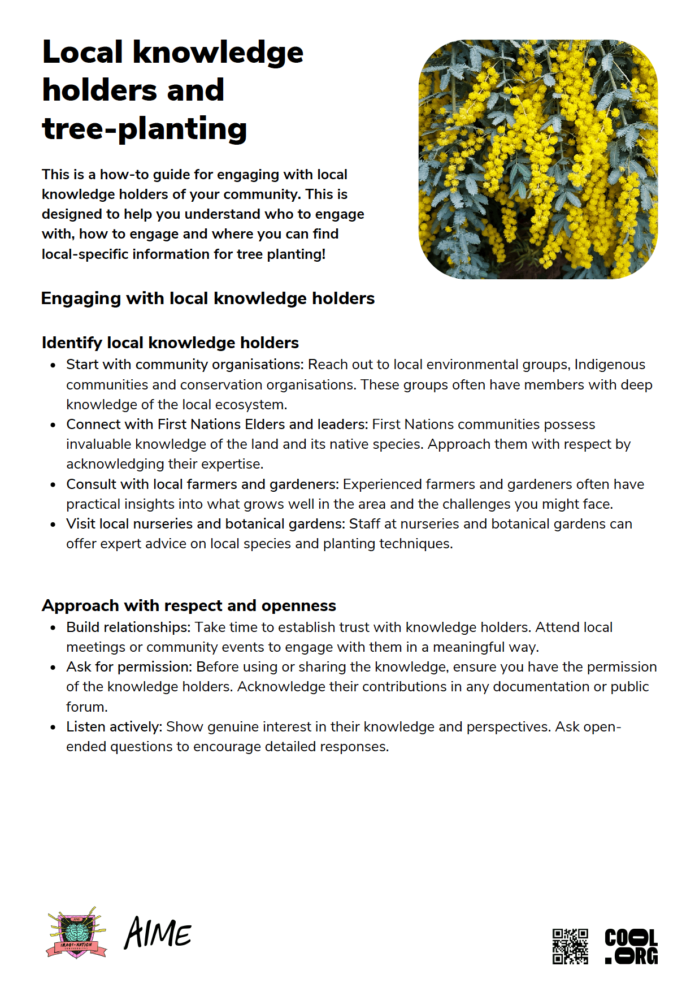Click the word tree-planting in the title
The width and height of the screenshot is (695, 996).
tap(145, 129)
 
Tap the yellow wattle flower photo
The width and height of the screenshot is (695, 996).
tap(538, 159)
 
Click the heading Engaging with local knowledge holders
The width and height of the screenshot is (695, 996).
tap(207, 298)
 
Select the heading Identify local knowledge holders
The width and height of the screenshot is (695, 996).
tap(170, 343)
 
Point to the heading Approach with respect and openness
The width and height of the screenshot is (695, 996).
tap(189, 605)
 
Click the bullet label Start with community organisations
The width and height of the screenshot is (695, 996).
tap(185, 365)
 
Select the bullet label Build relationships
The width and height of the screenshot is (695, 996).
tap(128, 627)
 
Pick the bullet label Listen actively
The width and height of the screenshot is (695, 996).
tap(114, 727)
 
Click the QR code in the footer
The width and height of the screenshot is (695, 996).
tap(570, 946)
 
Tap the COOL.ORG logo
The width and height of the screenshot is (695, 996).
tap(631, 946)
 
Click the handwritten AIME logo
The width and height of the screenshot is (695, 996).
tap(158, 933)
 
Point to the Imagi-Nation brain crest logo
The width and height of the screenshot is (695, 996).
tap(76, 934)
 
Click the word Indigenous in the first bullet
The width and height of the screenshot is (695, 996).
tap(610, 365)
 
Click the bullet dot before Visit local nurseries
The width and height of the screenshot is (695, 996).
tap(53, 525)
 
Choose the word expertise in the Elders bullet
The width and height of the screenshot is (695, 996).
tap(229, 464)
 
